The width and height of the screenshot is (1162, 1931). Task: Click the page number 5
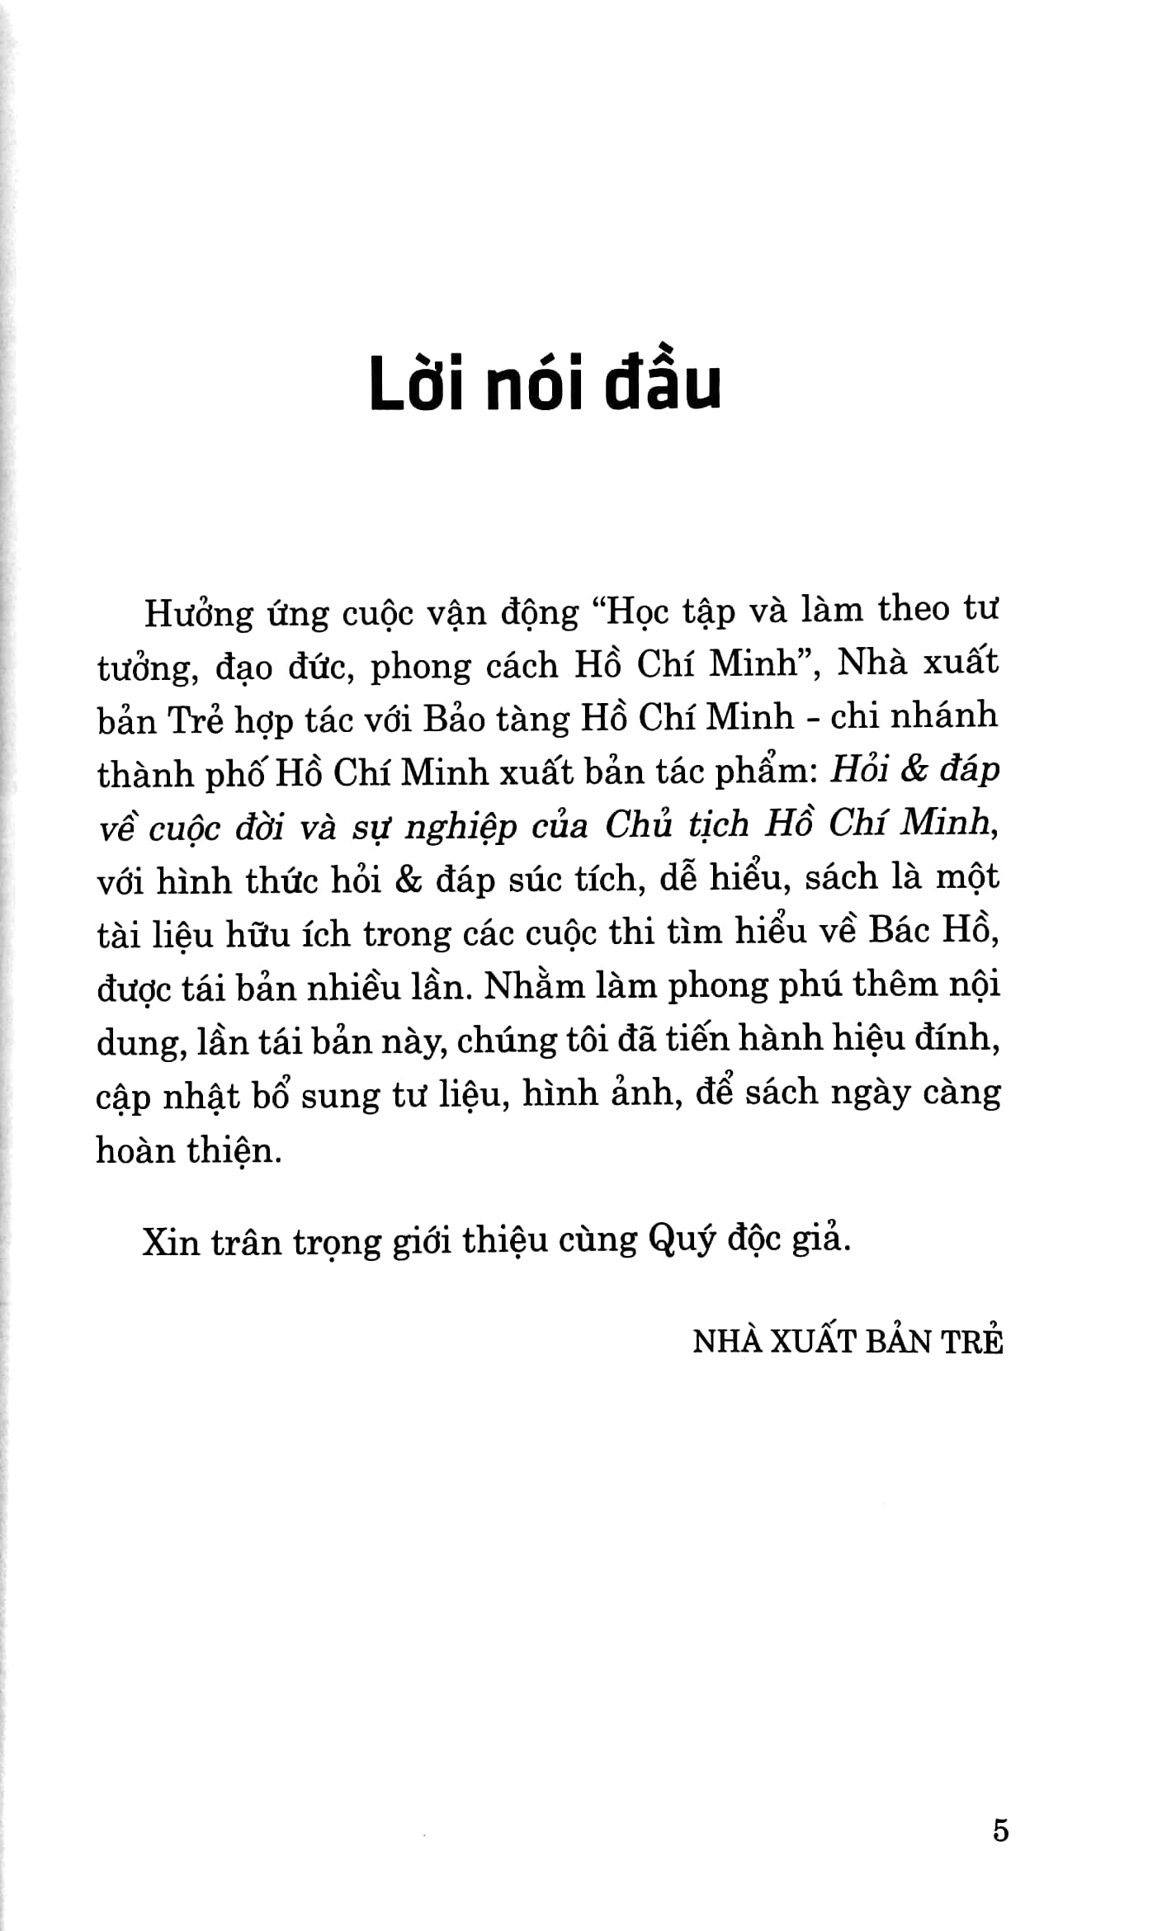(1000, 1831)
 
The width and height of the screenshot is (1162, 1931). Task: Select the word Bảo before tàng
(454, 720)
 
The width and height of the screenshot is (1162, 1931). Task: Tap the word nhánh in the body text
(949, 716)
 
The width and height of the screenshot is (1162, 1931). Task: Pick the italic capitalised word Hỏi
(858, 771)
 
